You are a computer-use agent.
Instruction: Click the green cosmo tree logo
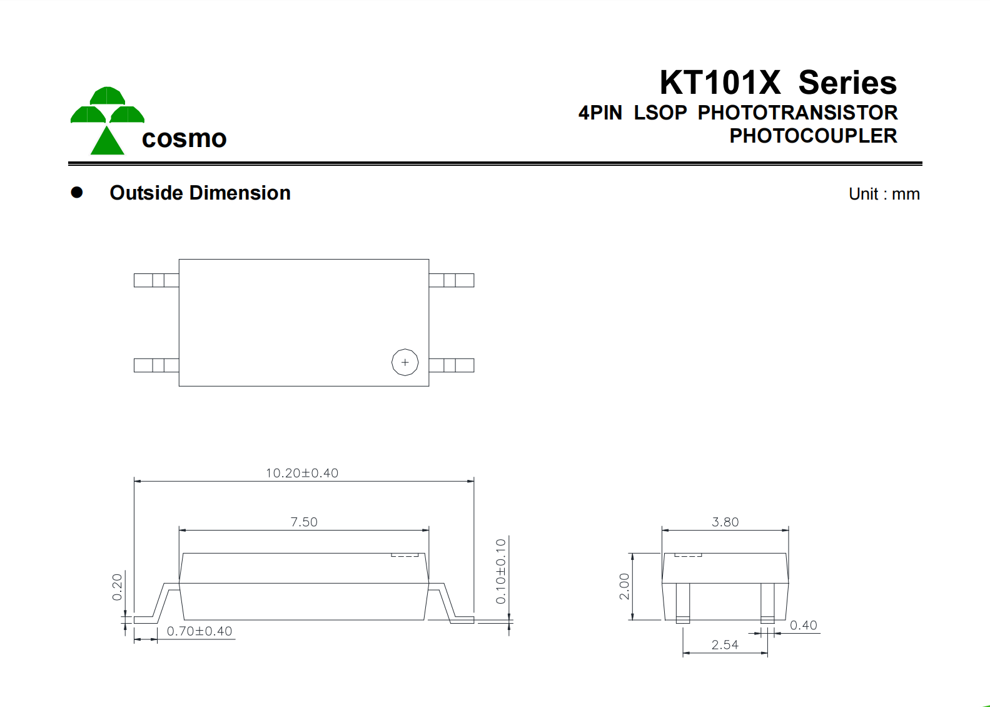point(108,120)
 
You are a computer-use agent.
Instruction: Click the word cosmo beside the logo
point(184,138)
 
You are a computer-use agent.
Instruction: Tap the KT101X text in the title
point(720,83)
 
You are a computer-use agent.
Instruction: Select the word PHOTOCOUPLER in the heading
point(813,136)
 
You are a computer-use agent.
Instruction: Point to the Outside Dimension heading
point(200,193)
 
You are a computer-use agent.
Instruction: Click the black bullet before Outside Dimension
point(77,192)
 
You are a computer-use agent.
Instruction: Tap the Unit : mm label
point(884,194)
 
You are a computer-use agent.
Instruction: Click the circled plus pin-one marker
point(405,362)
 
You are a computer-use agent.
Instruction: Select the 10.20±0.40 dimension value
point(302,473)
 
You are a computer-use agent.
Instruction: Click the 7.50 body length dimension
point(304,522)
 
